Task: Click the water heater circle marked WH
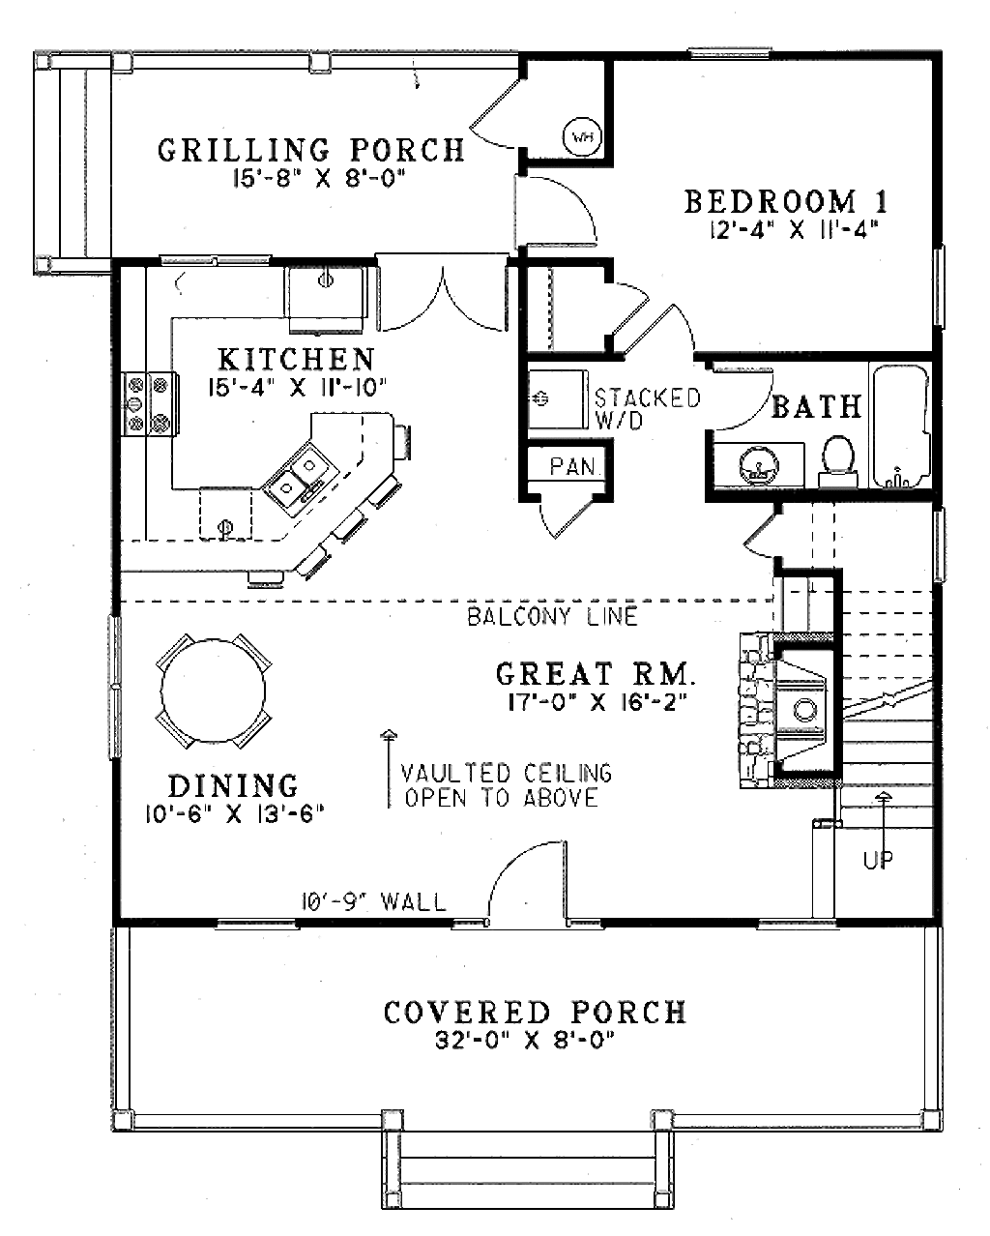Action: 582,136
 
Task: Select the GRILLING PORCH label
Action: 311,150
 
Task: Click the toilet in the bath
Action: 836,459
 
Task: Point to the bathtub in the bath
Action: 901,426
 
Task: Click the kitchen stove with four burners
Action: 148,403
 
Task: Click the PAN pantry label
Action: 572,466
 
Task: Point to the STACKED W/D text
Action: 647,409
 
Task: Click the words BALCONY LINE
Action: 552,616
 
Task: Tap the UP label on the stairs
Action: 878,859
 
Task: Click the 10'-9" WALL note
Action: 373,903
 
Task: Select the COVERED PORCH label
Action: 535,1013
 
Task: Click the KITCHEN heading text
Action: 296,360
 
